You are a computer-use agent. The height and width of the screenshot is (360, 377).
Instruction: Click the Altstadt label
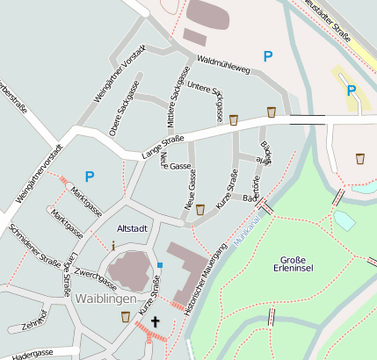pyautogui.click(x=132, y=228)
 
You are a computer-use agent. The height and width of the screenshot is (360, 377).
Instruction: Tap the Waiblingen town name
pyautogui.click(x=105, y=299)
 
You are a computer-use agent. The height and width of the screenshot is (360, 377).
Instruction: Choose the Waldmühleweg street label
pyautogui.click(x=224, y=63)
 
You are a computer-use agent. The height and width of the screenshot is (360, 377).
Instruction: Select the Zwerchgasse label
pyautogui.click(x=96, y=280)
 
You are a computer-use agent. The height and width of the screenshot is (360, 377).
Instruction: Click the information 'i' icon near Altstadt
pyautogui.click(x=112, y=247)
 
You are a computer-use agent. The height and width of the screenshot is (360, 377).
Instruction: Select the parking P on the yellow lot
pyautogui.click(x=351, y=90)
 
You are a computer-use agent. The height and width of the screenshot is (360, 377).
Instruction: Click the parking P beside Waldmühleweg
pyautogui.click(x=268, y=56)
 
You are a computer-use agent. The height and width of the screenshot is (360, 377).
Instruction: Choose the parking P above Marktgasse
pyautogui.click(x=89, y=176)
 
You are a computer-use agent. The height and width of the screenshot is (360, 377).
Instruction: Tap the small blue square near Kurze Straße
pyautogui.click(x=160, y=265)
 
